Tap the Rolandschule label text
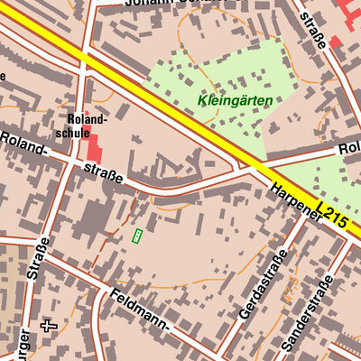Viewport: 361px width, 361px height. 87,125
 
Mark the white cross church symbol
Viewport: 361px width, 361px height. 49,324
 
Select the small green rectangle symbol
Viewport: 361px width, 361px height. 137,236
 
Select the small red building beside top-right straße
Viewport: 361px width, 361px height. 335,42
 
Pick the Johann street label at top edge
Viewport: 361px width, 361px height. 144,5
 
